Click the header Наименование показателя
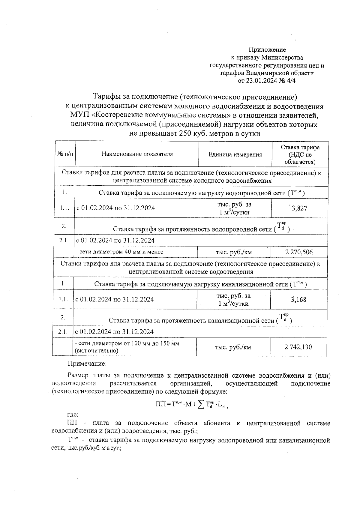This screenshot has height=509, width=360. click(137, 154)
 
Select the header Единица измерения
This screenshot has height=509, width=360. click(235, 154)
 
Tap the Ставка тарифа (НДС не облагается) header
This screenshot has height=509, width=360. click(300, 154)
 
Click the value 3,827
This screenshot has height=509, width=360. click(299, 208)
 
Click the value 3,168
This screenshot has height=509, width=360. click(298, 299)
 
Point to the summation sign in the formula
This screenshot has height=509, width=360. click(201, 405)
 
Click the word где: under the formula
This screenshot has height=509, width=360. click(73, 415)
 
